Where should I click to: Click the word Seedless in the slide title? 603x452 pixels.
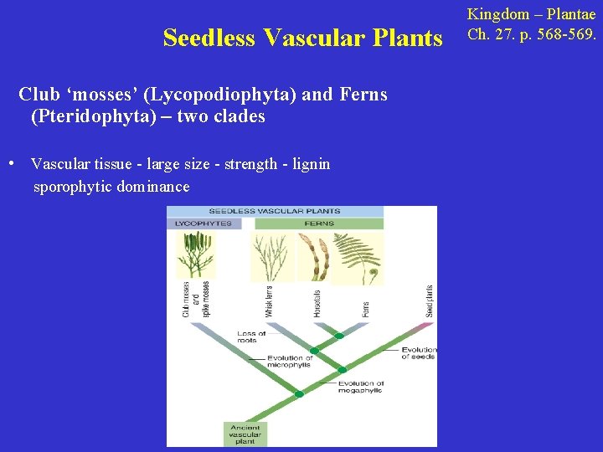coord(209,39)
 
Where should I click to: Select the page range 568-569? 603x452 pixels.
coord(559,35)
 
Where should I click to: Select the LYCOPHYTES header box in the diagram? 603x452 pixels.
coord(203,223)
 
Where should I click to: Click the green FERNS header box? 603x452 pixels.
coord(320,223)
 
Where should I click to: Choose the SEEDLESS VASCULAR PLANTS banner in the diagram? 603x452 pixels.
coord(275,211)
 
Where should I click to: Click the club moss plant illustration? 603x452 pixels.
coord(194,254)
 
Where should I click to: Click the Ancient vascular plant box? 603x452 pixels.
coord(245,434)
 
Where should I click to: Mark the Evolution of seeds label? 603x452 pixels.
coord(417,353)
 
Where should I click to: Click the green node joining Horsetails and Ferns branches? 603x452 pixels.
coord(339,336)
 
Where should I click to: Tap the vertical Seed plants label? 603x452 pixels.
coord(430,300)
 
